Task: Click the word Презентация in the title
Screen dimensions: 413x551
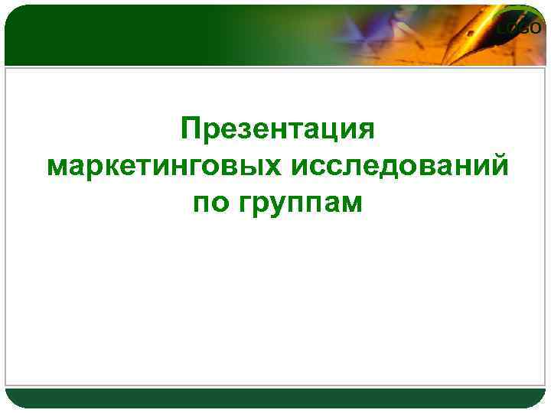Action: [278, 129]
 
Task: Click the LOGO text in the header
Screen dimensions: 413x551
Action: [520, 29]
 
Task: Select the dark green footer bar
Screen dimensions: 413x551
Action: [275, 397]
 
